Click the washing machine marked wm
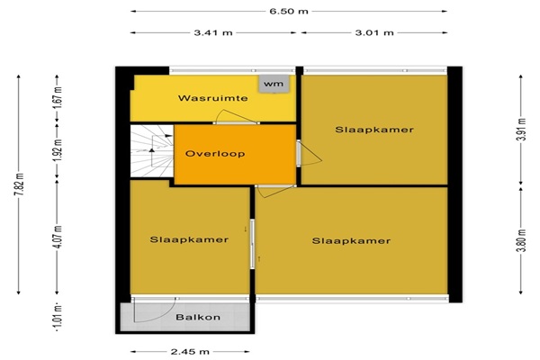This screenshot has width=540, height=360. pos(274,84)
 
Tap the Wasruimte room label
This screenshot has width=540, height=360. pos(212,98)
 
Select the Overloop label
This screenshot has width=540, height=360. pos(215,154)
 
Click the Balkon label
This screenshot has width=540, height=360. pos(198,318)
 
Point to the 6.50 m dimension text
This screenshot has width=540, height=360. pos(289,12)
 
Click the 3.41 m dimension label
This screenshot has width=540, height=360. pos(213,32)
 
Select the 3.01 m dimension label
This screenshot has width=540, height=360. pos(374,32)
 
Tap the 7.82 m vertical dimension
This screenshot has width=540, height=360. pos(19,184)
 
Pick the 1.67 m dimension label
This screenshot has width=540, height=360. pos(58,98)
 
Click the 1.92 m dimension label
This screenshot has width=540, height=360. pos(58,150)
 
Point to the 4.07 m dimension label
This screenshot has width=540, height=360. pos(58,237)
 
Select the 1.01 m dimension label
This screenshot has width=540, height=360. pos(58,317)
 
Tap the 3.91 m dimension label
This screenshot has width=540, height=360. pos(521,130)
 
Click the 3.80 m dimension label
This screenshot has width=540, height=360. pos(521,240)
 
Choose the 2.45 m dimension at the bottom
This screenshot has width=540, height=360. pos(190,352)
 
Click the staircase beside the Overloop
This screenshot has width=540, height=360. pos(151,151)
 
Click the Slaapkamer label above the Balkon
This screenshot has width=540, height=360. pos(189,239)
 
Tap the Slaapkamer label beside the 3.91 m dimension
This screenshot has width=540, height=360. pos(374,130)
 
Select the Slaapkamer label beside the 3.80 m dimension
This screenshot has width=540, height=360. pos(351,241)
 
